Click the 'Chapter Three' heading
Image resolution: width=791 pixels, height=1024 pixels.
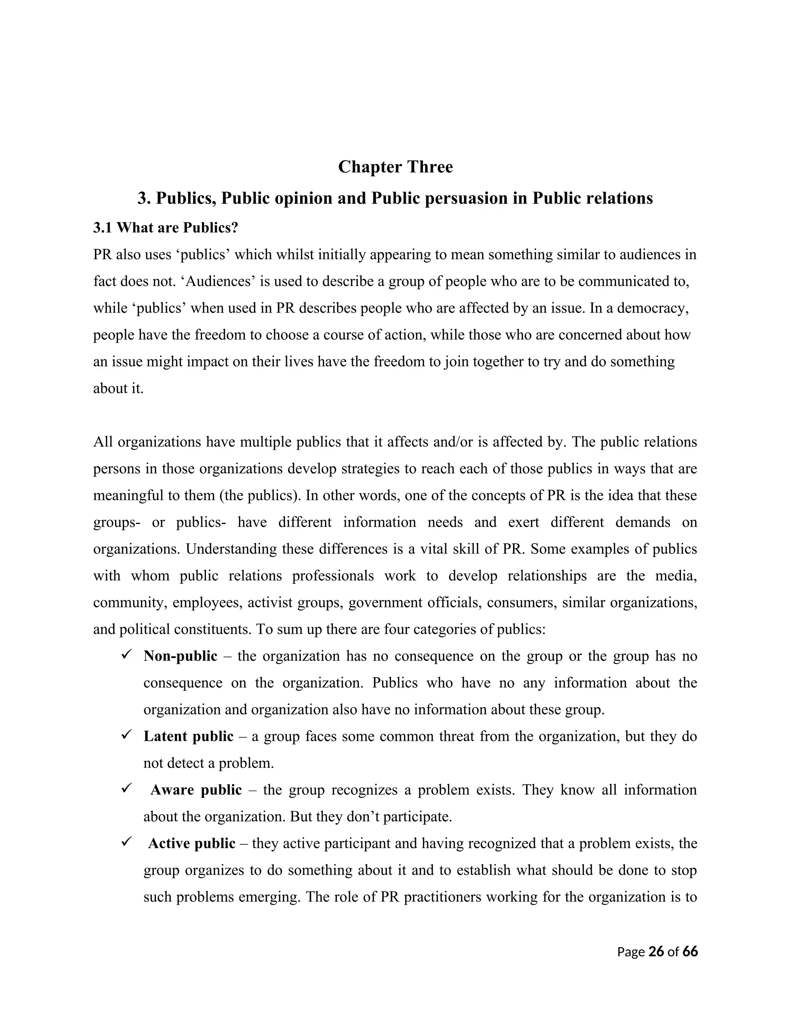(x=395, y=167)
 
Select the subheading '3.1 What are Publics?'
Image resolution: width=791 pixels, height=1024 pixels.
(x=166, y=228)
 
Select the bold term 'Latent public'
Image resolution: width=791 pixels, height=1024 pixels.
(x=188, y=736)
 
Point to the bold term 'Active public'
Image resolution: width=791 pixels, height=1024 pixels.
(x=192, y=844)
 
